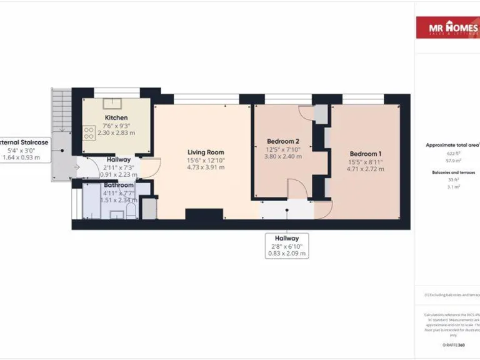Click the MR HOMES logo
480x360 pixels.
(447, 27)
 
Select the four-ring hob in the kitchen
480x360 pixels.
(89, 132)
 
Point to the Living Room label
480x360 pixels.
(206, 152)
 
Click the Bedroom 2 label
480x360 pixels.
(283, 141)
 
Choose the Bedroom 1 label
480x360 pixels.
(366, 154)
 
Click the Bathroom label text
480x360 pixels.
(119, 186)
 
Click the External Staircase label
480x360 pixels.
(25, 142)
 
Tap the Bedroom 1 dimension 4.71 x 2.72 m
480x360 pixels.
(366, 170)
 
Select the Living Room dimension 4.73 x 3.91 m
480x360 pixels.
(206, 167)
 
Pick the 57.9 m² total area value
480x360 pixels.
(452, 160)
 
